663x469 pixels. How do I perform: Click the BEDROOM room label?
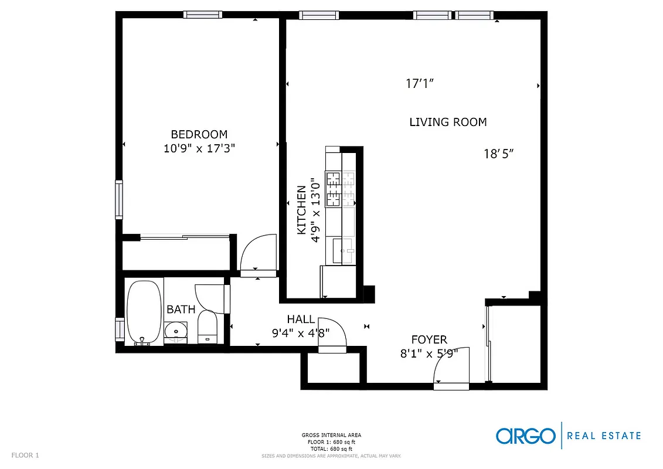(199, 134)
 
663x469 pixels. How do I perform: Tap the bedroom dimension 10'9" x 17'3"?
(199, 148)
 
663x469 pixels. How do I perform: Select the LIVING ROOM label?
(448, 122)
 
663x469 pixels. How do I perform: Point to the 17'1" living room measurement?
(420, 84)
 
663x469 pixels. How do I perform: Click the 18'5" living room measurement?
(499, 154)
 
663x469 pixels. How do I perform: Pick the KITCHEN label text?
(301, 210)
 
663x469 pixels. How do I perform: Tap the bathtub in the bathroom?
(144, 311)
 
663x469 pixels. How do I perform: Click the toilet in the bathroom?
(208, 327)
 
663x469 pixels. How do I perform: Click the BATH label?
(181, 309)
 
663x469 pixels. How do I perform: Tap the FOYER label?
(429, 339)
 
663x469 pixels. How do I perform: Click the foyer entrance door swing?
(451, 366)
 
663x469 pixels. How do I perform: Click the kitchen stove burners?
(334, 188)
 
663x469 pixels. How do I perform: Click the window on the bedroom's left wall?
(119, 199)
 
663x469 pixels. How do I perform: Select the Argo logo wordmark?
(525, 436)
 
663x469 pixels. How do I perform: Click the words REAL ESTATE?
(605, 436)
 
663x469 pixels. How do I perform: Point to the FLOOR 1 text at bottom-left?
(25, 455)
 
